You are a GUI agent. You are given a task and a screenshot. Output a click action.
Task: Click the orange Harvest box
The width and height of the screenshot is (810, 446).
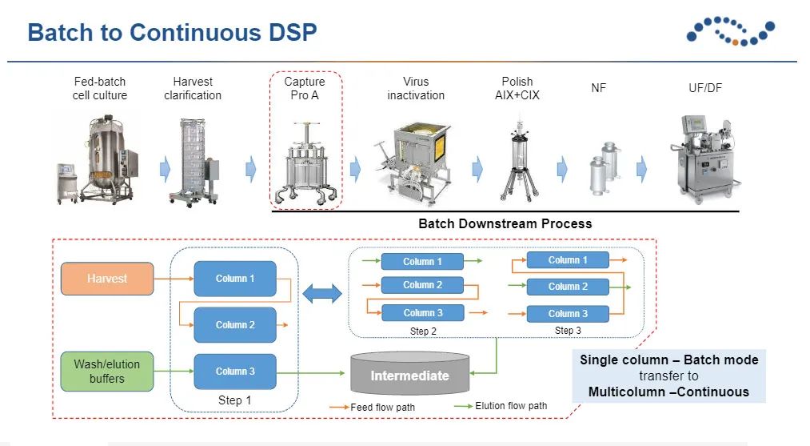click(x=107, y=279)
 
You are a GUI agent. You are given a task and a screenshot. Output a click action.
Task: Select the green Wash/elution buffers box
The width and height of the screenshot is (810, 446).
click(x=107, y=371)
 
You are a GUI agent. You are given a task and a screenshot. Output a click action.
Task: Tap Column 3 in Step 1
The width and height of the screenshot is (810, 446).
click(x=235, y=372)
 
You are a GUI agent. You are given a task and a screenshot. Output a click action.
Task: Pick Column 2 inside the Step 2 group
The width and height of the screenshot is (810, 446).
click(x=422, y=285)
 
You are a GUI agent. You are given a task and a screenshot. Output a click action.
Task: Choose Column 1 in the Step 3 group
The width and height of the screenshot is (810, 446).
click(x=568, y=260)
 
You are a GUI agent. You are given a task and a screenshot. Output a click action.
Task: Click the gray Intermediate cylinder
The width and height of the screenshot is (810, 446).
click(x=410, y=376)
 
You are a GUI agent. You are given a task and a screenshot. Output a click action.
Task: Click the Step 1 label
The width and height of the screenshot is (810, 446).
click(x=235, y=400)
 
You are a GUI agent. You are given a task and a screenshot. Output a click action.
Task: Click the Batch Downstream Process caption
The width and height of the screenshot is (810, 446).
click(x=505, y=223)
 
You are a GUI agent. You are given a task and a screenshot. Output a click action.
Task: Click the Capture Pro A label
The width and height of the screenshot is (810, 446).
click(x=305, y=88)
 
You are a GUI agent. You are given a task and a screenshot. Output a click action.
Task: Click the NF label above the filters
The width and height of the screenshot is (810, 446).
click(x=598, y=88)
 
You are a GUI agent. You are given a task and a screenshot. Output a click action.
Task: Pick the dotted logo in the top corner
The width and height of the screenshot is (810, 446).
click(x=730, y=31)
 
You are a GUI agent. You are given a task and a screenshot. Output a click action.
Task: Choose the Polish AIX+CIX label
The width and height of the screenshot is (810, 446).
click(x=517, y=88)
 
